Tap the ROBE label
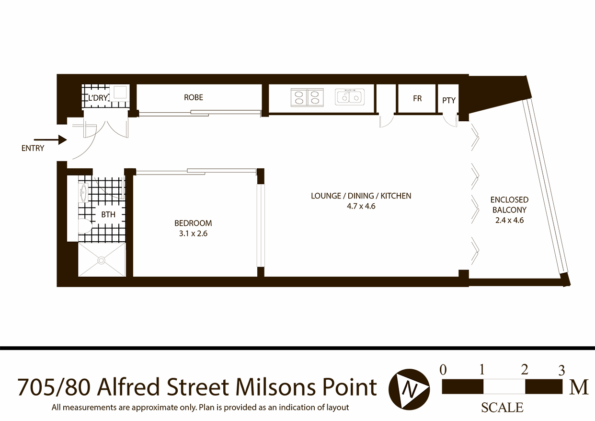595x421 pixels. point(194,97)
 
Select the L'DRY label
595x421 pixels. point(97,98)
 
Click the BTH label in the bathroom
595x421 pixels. point(108,214)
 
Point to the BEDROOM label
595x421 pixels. point(193,223)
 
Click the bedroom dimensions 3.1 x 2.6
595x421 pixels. point(193,234)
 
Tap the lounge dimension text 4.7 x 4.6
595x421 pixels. point(361,206)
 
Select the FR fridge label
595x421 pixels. point(417,98)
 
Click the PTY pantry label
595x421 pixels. point(449,100)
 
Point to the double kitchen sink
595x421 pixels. point(349,97)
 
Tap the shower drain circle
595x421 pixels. point(102,260)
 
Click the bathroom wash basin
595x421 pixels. point(83,194)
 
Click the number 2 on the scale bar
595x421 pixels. point(525,370)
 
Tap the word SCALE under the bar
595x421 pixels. point(502,408)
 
